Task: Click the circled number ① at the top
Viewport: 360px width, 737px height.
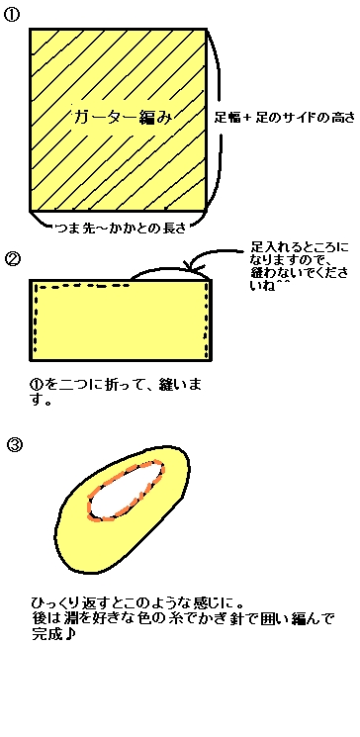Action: pos(11,15)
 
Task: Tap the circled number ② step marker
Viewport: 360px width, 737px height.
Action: pos(13,259)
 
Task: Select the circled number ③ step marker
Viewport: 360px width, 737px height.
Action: pos(15,444)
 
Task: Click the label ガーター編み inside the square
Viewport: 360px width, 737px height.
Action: pos(124,117)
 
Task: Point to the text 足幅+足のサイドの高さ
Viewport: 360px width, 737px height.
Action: pos(284,117)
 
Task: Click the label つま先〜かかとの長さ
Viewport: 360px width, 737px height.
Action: pos(119,228)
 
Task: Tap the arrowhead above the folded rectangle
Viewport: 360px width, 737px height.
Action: pos(194,266)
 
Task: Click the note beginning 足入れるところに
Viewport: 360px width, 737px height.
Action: pos(300,266)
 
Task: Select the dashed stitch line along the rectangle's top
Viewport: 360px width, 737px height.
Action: pos(83,286)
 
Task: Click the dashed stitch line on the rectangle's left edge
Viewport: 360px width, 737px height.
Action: pos(35,320)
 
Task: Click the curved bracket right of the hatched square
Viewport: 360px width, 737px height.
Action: pos(219,118)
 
